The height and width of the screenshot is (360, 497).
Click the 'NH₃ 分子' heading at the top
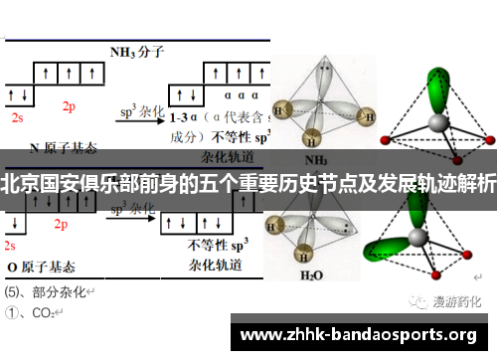click(135, 50)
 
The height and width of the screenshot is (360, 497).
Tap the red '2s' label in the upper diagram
click(17, 117)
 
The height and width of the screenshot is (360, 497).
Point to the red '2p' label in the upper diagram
click(69, 106)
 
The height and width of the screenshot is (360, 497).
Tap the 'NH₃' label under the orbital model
click(316, 158)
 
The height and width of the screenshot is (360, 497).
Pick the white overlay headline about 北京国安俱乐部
click(248, 186)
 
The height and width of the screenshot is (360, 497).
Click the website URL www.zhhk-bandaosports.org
click(360, 333)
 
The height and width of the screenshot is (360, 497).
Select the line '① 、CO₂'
click(32, 311)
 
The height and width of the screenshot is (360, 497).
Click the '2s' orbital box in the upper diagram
click(17, 95)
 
